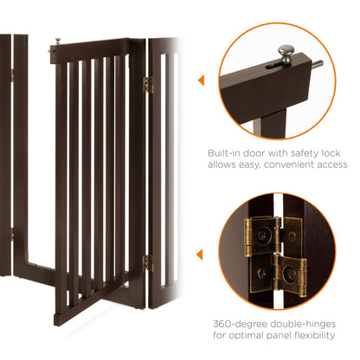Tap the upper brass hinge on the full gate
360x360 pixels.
(147, 85)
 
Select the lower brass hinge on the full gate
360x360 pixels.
(147, 262)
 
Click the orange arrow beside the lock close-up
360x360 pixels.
(202, 80)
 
